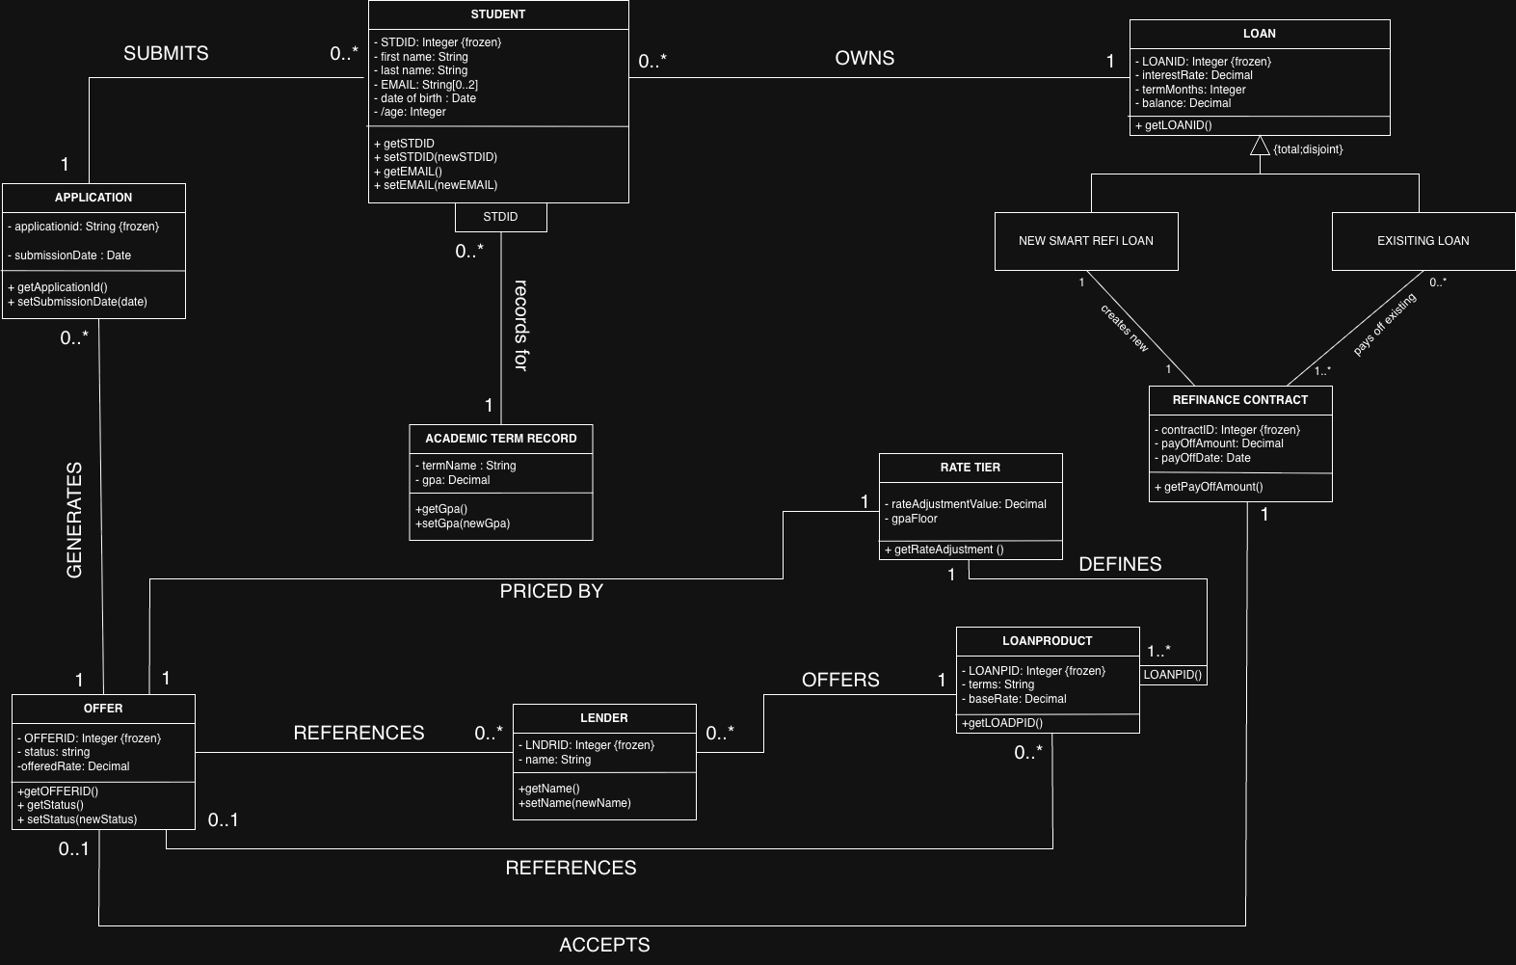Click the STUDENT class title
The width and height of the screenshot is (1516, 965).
498,14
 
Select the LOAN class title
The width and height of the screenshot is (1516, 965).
1259,34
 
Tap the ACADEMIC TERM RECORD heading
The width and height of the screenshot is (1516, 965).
500,439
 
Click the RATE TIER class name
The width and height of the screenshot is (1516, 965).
970,468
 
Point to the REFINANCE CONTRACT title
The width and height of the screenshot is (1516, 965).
1239,400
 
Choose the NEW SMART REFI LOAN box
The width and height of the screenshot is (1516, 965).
1085,241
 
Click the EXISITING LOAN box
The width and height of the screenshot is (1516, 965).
1423,241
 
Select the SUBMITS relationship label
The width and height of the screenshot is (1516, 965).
166,54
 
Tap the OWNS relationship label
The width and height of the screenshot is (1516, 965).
864,59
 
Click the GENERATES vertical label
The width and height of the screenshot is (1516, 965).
74,521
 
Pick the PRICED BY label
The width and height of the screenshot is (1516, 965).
551,591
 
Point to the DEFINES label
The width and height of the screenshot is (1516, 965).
1120,565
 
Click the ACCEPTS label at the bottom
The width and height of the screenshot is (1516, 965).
604,945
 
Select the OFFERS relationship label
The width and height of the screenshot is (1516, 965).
840,681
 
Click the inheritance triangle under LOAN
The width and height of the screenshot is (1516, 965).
1260,147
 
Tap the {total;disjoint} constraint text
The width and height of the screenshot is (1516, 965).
1308,149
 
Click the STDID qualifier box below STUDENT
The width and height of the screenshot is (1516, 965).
500,217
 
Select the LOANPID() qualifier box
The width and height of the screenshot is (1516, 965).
1173,675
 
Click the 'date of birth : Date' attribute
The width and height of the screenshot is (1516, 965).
428,98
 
